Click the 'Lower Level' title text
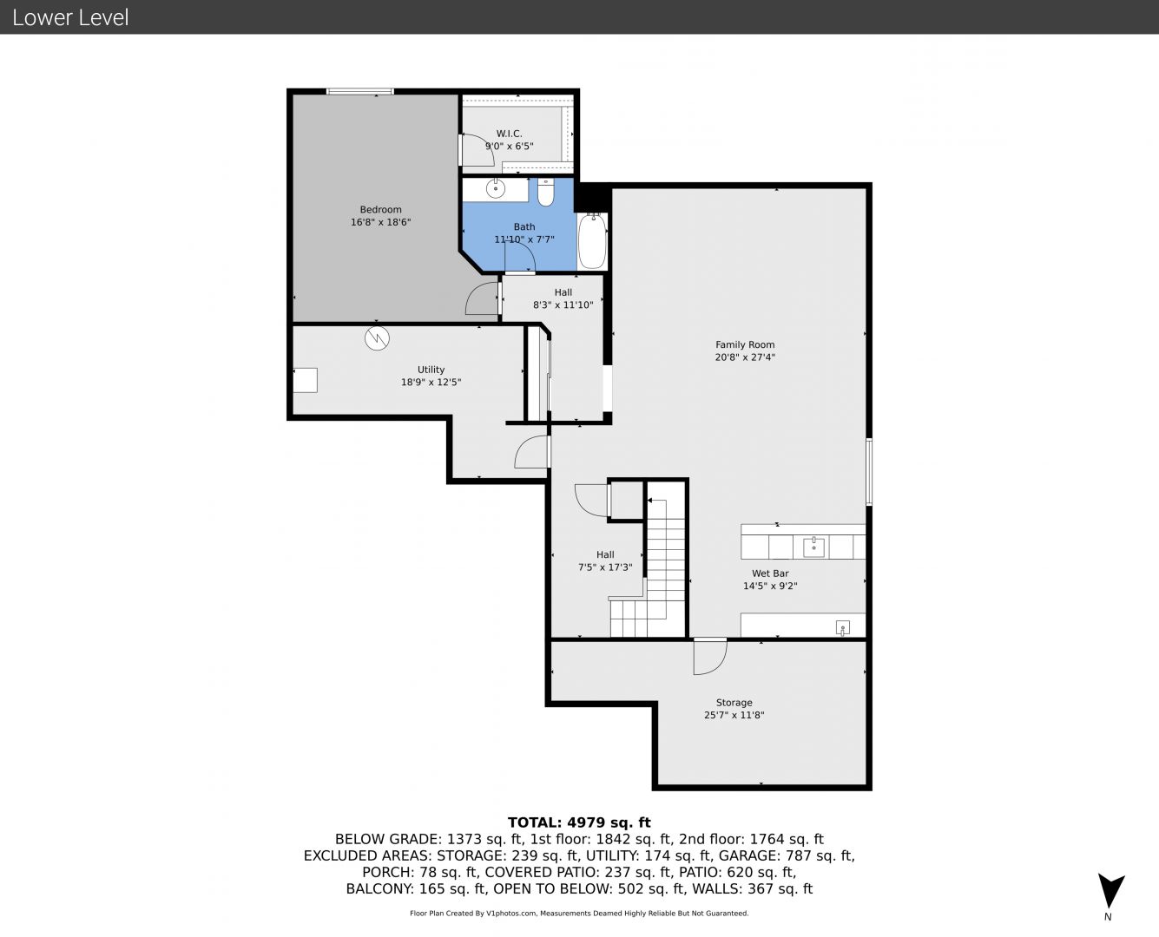tap(70, 17)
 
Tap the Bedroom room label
tap(380, 209)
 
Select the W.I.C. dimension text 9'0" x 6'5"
tap(510, 146)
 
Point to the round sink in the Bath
tap(496, 189)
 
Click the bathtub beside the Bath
tap(592, 241)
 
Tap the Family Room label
tap(744, 344)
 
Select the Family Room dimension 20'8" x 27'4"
tap(744, 357)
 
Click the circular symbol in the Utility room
tap(377, 339)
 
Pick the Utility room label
tap(431, 370)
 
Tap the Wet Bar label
tap(770, 573)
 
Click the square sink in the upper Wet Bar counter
tap(813, 547)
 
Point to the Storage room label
tap(734, 703)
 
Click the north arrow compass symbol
tap(1110, 891)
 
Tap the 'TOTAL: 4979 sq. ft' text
tap(579, 822)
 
